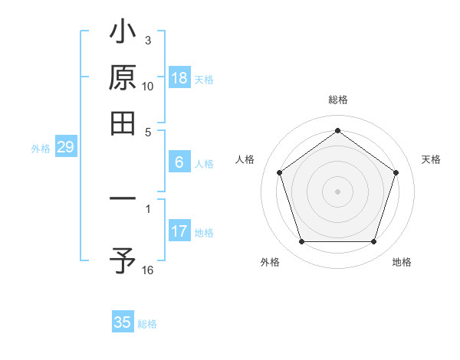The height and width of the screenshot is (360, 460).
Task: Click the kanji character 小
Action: click(x=123, y=34)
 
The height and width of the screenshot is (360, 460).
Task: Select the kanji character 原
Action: click(x=123, y=78)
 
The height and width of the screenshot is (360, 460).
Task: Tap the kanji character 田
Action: click(x=123, y=123)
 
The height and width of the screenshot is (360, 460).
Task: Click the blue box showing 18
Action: click(x=179, y=79)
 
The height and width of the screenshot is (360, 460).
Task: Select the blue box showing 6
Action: click(x=179, y=162)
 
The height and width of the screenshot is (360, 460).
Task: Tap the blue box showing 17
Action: click(x=179, y=231)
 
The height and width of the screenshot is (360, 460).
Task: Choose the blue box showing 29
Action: click(x=65, y=148)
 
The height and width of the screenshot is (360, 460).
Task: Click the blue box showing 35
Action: click(x=123, y=322)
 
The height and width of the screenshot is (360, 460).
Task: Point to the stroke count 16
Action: click(x=148, y=270)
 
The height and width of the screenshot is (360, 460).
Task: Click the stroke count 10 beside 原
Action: click(x=148, y=87)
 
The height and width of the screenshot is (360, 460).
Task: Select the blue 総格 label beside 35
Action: click(x=147, y=324)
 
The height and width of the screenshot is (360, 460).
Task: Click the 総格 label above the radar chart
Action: click(x=337, y=100)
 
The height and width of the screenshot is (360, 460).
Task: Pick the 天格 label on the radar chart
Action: click(x=431, y=159)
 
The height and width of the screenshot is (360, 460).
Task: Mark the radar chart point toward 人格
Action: click(x=279, y=172)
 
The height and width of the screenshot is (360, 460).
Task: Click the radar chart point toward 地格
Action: click(x=373, y=242)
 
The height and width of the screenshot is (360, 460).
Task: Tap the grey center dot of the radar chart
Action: click(x=337, y=191)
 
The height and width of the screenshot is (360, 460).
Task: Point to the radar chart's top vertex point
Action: click(x=337, y=130)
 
